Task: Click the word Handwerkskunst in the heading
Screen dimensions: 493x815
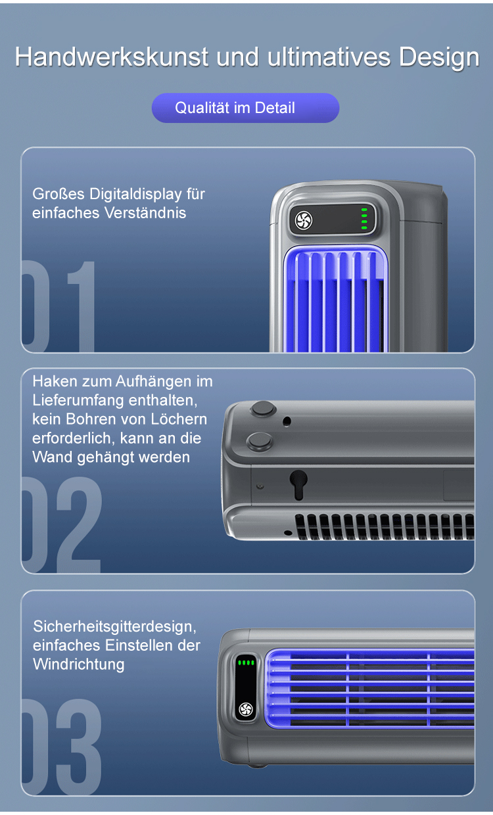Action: (x=112, y=57)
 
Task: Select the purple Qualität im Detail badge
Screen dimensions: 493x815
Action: (x=245, y=108)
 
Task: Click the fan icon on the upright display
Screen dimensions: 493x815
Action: (x=304, y=220)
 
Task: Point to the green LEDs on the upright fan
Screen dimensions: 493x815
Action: (x=364, y=219)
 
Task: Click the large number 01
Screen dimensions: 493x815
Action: (x=59, y=306)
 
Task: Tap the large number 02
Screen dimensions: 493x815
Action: (x=61, y=524)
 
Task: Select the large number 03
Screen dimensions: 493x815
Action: (x=61, y=747)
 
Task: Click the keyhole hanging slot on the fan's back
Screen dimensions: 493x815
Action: (x=298, y=484)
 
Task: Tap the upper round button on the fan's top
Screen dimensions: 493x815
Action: (x=263, y=409)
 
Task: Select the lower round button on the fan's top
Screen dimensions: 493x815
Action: (x=259, y=441)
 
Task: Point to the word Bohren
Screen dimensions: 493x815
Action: (x=87, y=419)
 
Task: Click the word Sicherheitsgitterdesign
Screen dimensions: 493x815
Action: (x=114, y=626)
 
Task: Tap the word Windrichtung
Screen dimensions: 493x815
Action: (x=79, y=664)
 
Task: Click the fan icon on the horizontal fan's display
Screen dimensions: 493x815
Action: (x=246, y=709)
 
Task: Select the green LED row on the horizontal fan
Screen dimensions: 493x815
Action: (x=246, y=663)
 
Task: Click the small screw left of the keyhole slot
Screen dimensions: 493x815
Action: (x=260, y=486)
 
